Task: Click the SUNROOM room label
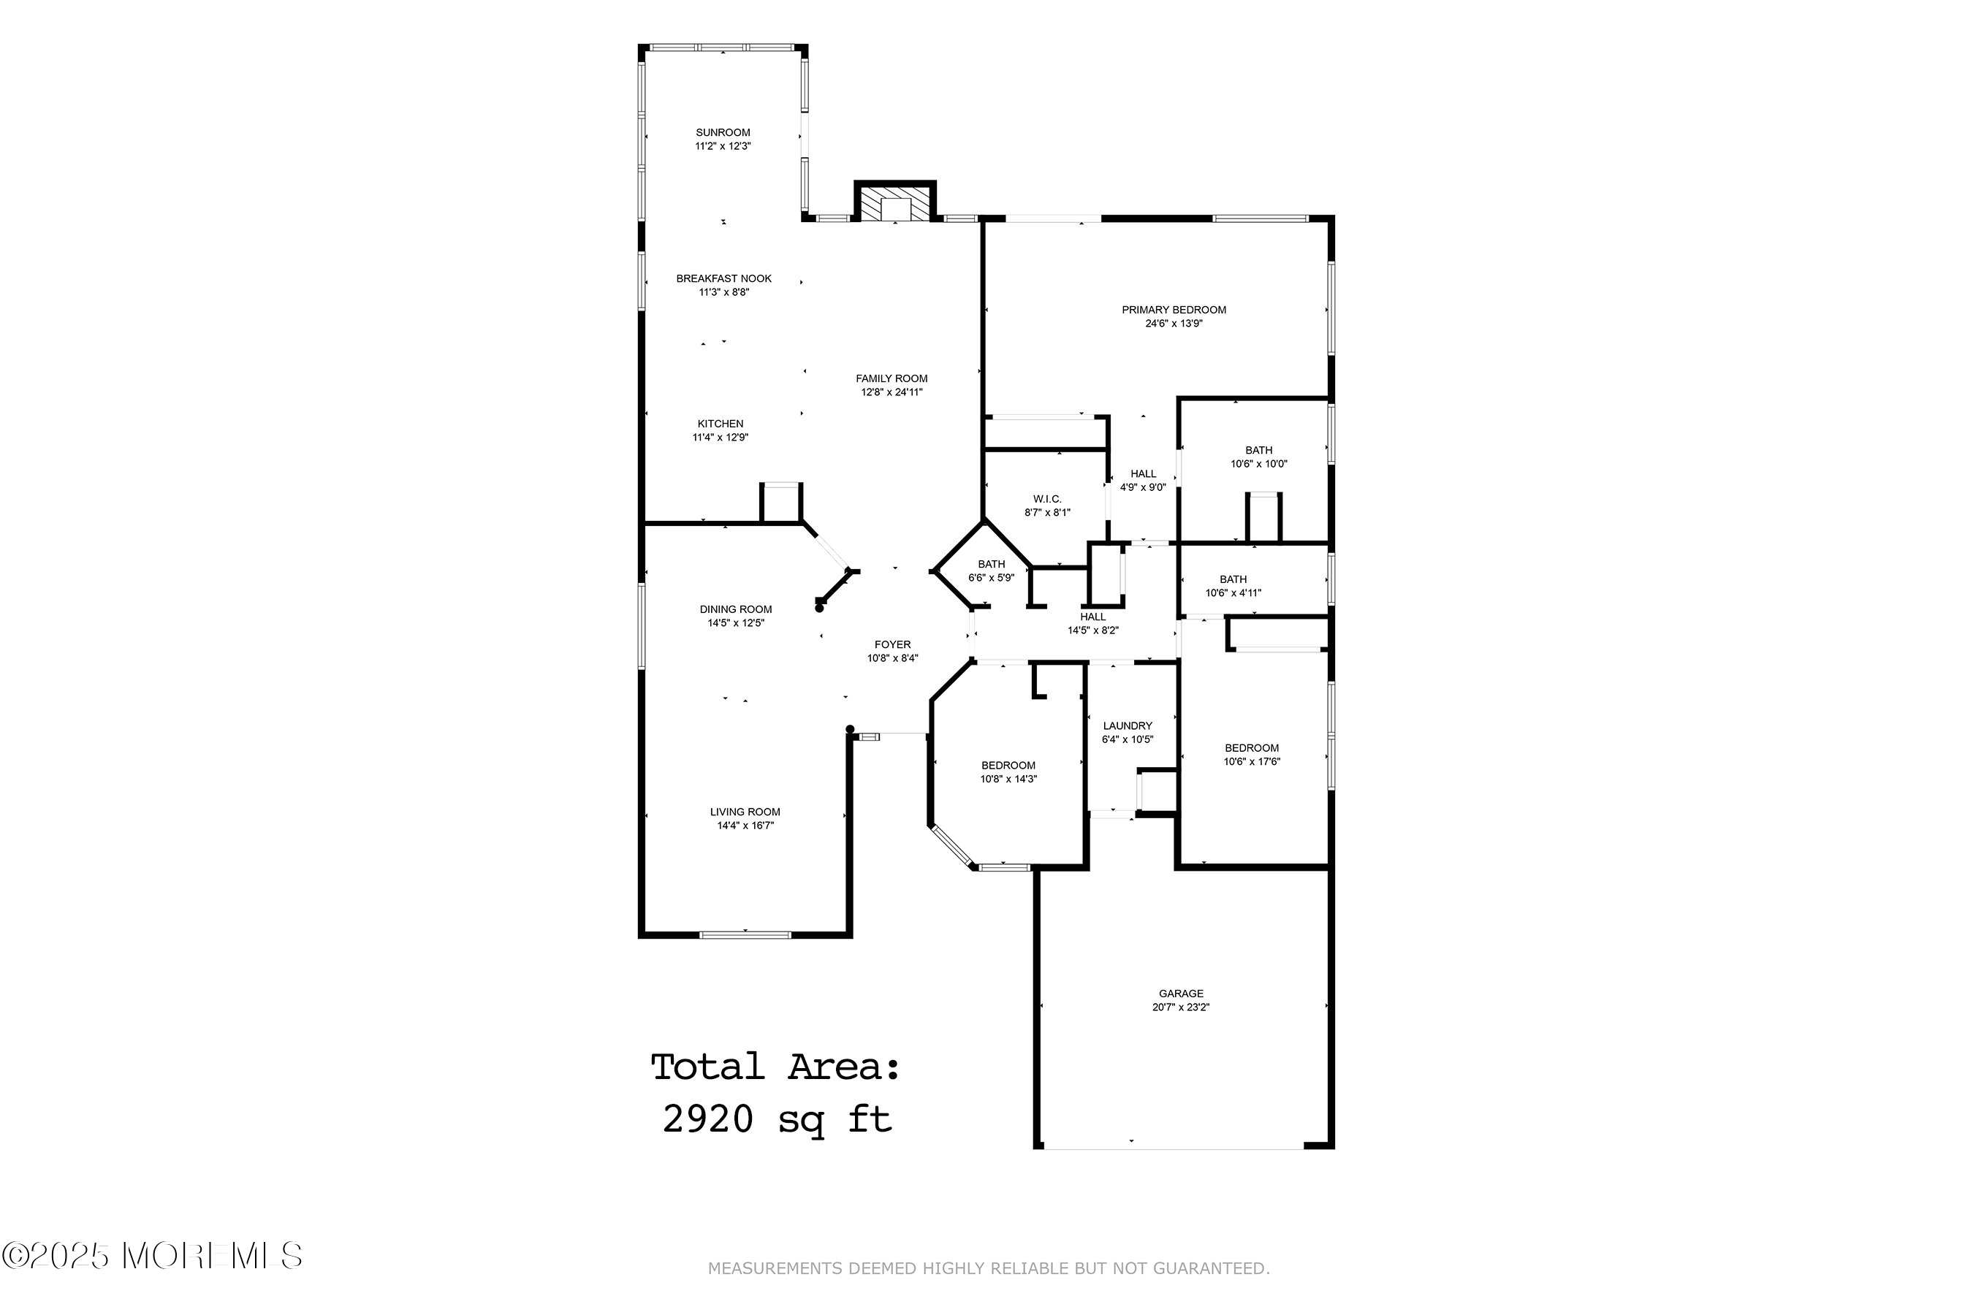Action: pyautogui.click(x=722, y=132)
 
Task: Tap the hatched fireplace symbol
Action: pyautogui.click(x=894, y=204)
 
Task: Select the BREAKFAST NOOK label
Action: pyautogui.click(x=723, y=278)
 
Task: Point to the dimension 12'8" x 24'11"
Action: pyautogui.click(x=891, y=392)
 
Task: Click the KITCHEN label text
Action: pyautogui.click(x=720, y=424)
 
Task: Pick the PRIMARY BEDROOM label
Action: pyautogui.click(x=1174, y=310)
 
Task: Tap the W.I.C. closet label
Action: pyautogui.click(x=1047, y=499)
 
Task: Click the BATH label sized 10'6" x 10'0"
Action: pyautogui.click(x=1258, y=450)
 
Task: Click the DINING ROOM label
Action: pyautogui.click(x=736, y=610)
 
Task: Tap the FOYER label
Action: pyautogui.click(x=892, y=645)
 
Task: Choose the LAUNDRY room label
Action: pyautogui.click(x=1127, y=726)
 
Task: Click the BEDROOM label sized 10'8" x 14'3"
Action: pyautogui.click(x=1008, y=766)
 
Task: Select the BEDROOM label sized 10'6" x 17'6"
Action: pyautogui.click(x=1251, y=749)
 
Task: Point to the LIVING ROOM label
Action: pyautogui.click(x=745, y=812)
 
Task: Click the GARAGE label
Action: pyautogui.click(x=1180, y=994)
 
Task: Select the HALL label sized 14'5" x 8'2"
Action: pyautogui.click(x=1092, y=617)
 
